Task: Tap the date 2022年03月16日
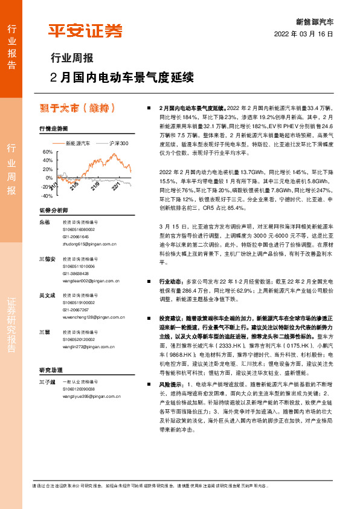tap(304, 34)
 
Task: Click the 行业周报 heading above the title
tap(71, 59)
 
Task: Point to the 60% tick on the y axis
tap(48, 152)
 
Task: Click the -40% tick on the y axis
tap(47, 196)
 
